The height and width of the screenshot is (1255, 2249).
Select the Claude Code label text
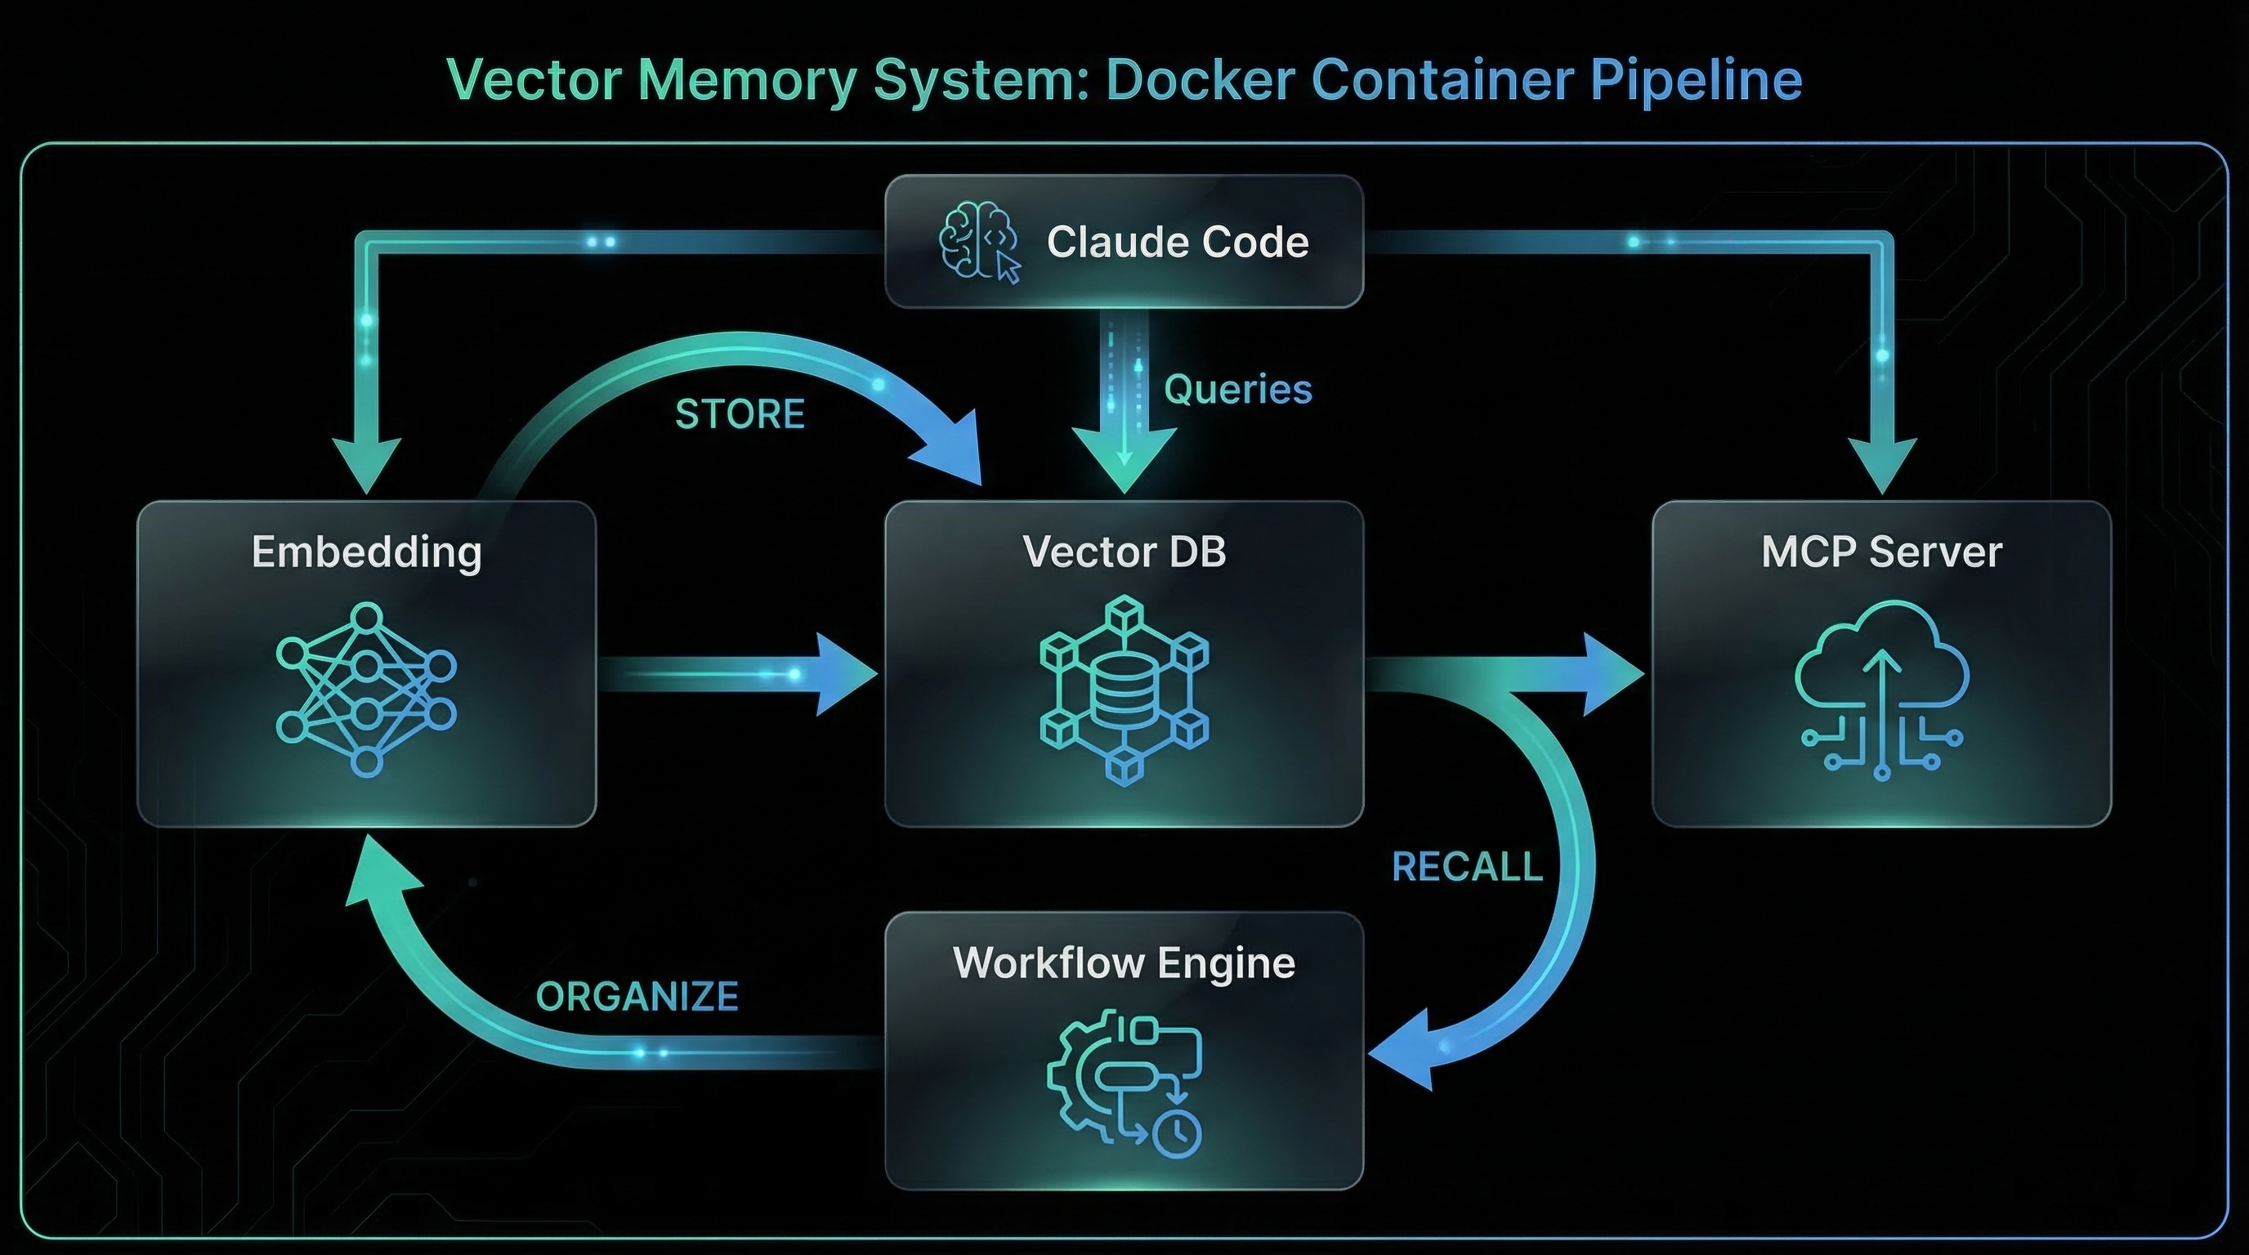pyautogui.click(x=1177, y=242)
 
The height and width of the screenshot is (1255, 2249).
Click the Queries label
pyautogui.click(x=1237, y=389)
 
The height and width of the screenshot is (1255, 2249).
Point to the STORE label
pyautogui.click(x=740, y=413)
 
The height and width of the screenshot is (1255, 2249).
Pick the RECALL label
pyautogui.click(x=1467, y=867)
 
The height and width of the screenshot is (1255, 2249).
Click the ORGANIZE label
pyautogui.click(x=637, y=997)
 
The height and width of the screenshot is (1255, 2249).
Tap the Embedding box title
pyautogui.click(x=367, y=552)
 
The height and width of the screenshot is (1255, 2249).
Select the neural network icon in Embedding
pyautogui.click(x=367, y=690)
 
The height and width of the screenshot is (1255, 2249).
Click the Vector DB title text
pyautogui.click(x=1124, y=552)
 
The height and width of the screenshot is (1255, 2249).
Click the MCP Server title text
pyautogui.click(x=1881, y=552)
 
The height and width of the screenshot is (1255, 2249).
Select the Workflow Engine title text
pyautogui.click(x=1124, y=962)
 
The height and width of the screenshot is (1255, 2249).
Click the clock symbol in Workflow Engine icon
pyautogui.click(x=1176, y=1134)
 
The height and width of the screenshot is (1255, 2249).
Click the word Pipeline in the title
pyautogui.click(x=1696, y=80)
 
